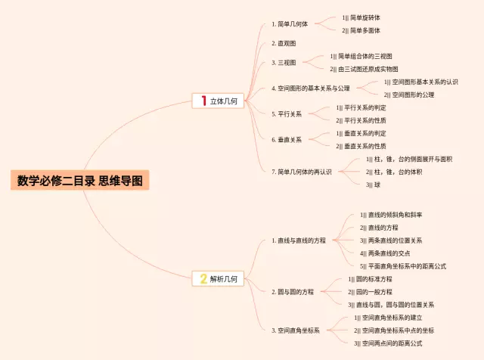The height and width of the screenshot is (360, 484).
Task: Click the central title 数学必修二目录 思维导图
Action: [79, 181]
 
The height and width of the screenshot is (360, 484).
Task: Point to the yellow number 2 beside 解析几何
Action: [203, 279]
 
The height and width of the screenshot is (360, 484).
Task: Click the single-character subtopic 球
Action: [377, 185]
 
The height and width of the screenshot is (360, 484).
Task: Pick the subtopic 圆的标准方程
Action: [374, 279]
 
